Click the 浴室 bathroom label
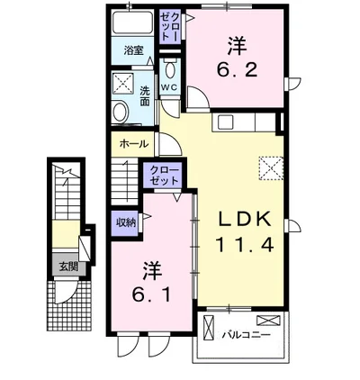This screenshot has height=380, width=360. tap(132, 51)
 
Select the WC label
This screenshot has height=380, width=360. tap(169, 87)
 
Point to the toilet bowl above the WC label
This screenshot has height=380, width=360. tap(169, 70)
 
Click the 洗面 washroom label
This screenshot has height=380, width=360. tap(145, 95)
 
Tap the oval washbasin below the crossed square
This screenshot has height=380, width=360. tap(120, 111)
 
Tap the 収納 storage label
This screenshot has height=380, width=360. tap(125, 222)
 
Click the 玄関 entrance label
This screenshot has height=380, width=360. tap(68, 267)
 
